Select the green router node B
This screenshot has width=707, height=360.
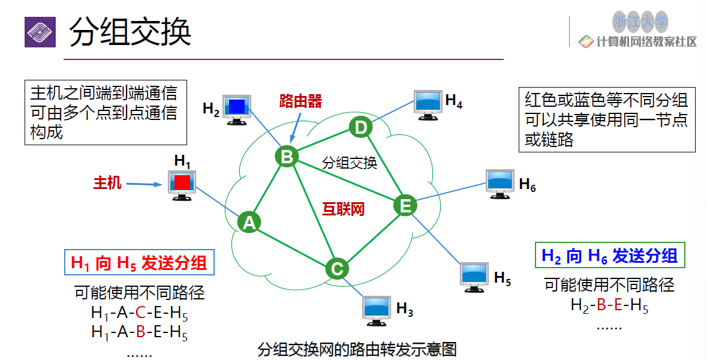(x=287, y=157)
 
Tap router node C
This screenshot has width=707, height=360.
(x=337, y=268)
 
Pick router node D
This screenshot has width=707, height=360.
(x=360, y=127)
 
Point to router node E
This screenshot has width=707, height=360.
(x=405, y=206)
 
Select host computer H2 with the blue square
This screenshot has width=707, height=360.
(x=236, y=109)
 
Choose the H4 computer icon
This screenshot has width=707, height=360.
(x=429, y=103)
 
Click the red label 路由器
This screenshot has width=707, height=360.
(x=300, y=101)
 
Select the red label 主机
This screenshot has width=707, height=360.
(x=107, y=182)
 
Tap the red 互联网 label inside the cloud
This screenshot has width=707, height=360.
(x=344, y=209)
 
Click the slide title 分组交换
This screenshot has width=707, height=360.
(x=130, y=32)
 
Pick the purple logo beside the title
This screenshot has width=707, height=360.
(x=40, y=32)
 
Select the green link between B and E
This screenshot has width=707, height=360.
(x=345, y=181)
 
